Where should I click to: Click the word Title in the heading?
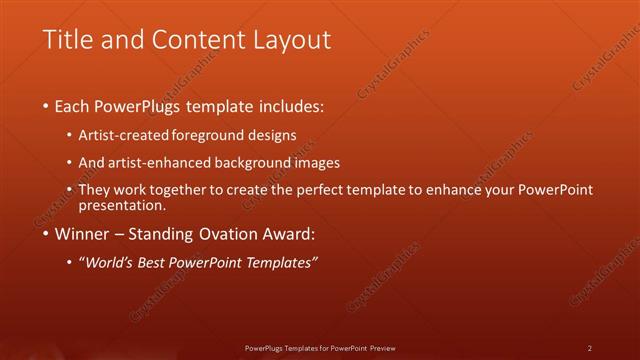coord(65,40)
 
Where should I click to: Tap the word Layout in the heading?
coord(290,40)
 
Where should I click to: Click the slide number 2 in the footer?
coord(590,347)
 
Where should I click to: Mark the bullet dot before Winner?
coord(46,235)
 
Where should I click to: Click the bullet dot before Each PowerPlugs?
coord(46,105)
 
